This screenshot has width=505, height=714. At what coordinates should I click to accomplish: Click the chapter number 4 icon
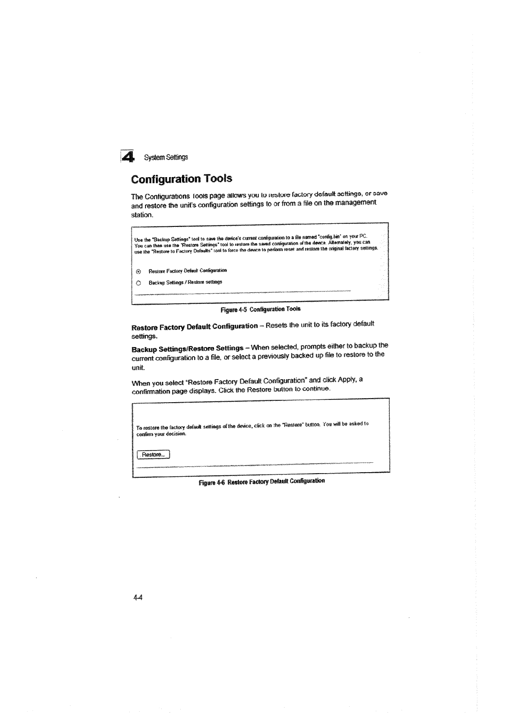click(x=127, y=156)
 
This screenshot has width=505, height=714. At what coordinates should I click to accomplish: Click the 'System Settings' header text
click(x=166, y=158)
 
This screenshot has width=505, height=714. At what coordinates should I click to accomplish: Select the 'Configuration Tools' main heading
click(x=182, y=178)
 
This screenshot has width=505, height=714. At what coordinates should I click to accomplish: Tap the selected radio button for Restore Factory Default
click(x=139, y=271)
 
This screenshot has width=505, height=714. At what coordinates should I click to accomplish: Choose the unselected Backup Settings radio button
click(x=139, y=282)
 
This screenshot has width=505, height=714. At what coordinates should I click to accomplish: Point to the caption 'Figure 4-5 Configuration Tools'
click(x=261, y=310)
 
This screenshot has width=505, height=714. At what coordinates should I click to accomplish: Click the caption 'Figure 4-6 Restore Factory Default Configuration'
click(x=262, y=481)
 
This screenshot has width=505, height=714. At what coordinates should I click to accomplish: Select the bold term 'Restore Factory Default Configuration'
click(x=194, y=326)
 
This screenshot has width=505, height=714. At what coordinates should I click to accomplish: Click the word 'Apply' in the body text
click(x=344, y=380)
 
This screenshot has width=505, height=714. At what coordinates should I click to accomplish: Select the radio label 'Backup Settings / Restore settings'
click(x=185, y=282)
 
